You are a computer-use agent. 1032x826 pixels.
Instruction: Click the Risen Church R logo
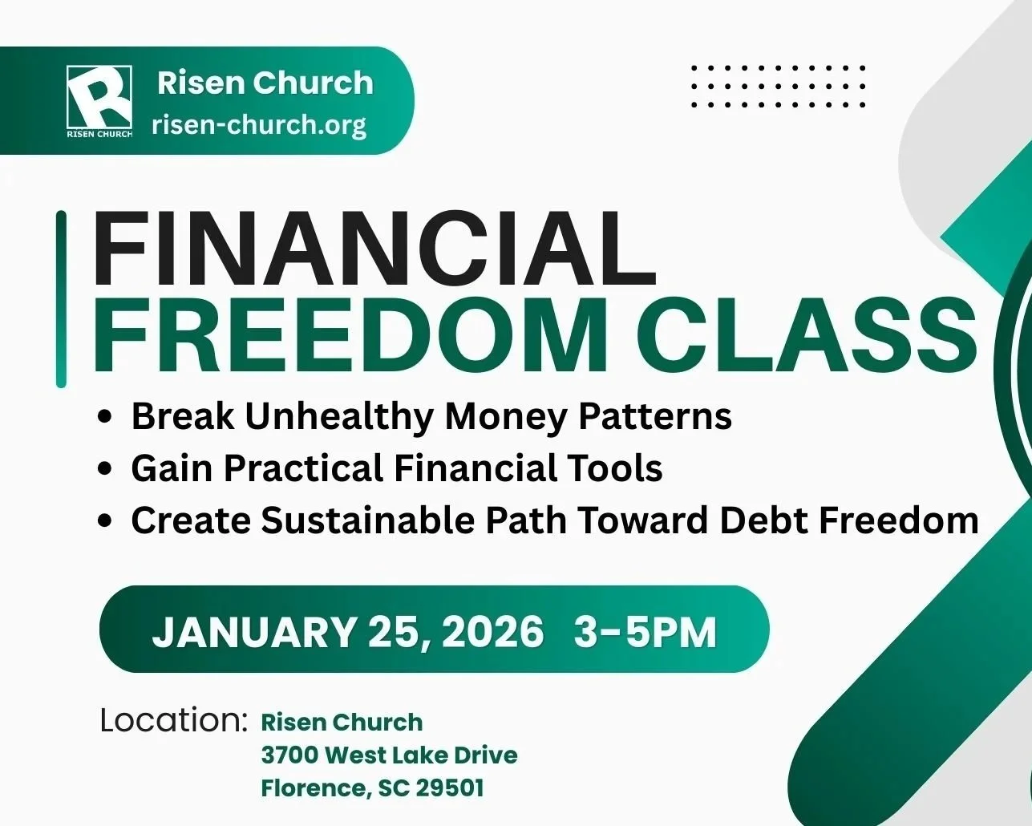tap(99, 99)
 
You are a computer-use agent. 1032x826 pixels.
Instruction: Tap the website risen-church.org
tap(258, 125)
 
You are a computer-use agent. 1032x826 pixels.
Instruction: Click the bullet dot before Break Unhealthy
tap(104, 418)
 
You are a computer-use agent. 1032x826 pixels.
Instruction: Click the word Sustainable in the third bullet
tap(367, 520)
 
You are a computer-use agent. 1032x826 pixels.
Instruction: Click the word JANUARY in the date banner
tap(254, 632)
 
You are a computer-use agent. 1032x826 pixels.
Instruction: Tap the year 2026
tap(492, 632)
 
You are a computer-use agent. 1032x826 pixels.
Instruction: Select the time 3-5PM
tap(645, 632)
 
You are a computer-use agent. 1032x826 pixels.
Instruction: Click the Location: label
tap(173, 720)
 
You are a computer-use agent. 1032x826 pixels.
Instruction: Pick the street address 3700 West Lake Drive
tap(389, 755)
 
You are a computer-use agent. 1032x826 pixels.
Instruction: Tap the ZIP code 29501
tap(450, 788)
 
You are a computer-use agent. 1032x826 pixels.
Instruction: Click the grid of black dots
tap(778, 87)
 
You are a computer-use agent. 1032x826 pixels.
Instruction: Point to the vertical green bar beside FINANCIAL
tap(61, 298)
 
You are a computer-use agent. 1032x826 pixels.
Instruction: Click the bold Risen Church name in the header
tap(265, 83)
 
